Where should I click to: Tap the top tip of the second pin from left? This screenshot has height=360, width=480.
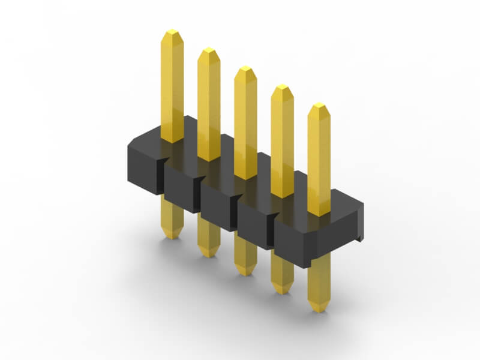pyautogui.click(x=208, y=50)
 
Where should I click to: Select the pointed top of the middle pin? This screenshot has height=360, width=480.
pyautogui.click(x=245, y=68)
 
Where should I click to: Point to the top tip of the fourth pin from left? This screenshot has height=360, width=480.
pyautogui.click(x=282, y=88)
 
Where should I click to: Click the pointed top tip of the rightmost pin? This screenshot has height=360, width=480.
pyautogui.click(x=319, y=106)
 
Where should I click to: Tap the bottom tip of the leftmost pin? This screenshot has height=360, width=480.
pyautogui.click(x=172, y=237)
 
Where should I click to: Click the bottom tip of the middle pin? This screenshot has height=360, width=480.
pyautogui.click(x=245, y=274)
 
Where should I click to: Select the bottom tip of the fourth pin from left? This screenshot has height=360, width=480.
pyautogui.click(x=282, y=292)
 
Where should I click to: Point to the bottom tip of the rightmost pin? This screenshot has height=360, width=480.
pyautogui.click(x=319, y=310)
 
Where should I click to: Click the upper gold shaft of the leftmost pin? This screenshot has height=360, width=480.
pyautogui.click(x=172, y=84)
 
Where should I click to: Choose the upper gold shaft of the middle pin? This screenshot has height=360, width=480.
pyautogui.click(x=245, y=120)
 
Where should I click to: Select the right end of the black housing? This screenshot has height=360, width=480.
pyautogui.click(x=358, y=222)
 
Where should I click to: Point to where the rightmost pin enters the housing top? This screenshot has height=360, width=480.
pyautogui.click(x=319, y=211)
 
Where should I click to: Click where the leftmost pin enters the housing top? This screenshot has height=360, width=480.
pyautogui.click(x=172, y=139)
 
